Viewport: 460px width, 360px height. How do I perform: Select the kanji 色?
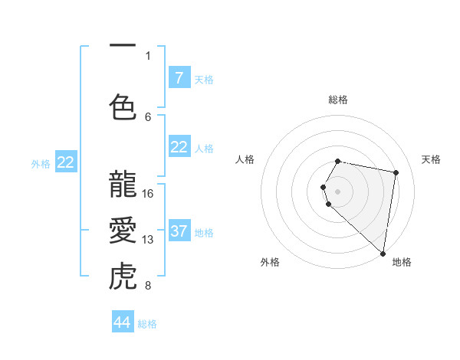pyautogui.click(x=123, y=107)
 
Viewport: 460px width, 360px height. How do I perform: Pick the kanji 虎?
pyautogui.click(x=123, y=277)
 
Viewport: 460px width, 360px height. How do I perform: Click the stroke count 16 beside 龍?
pyautogui.click(x=149, y=194)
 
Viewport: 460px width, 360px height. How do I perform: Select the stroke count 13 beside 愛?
pyautogui.click(x=149, y=240)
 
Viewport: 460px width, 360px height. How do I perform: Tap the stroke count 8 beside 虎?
pyautogui.click(x=148, y=286)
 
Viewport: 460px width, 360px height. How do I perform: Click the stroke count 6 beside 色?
pyautogui.click(x=148, y=116)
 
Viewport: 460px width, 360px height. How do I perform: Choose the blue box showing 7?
pyautogui.click(x=179, y=78)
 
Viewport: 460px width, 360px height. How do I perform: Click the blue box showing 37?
pyautogui.click(x=179, y=231)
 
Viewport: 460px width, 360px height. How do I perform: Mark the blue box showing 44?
pyautogui.click(x=123, y=322)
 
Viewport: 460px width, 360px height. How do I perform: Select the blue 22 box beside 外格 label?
pyautogui.click(x=66, y=162)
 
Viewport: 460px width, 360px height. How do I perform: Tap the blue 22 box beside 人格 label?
pyautogui.click(x=179, y=147)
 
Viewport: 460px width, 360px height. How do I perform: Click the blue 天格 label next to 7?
pyautogui.click(x=204, y=79)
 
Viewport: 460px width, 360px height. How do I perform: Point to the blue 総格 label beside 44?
pyautogui.click(x=147, y=323)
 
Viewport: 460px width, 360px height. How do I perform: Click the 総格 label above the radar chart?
pyautogui.click(x=338, y=100)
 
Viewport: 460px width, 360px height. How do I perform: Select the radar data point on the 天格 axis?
pyautogui.click(x=396, y=173)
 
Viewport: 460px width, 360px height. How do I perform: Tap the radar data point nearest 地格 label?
pyautogui.click(x=383, y=253)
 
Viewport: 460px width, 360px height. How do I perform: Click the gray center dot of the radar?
pyautogui.click(x=338, y=191)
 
